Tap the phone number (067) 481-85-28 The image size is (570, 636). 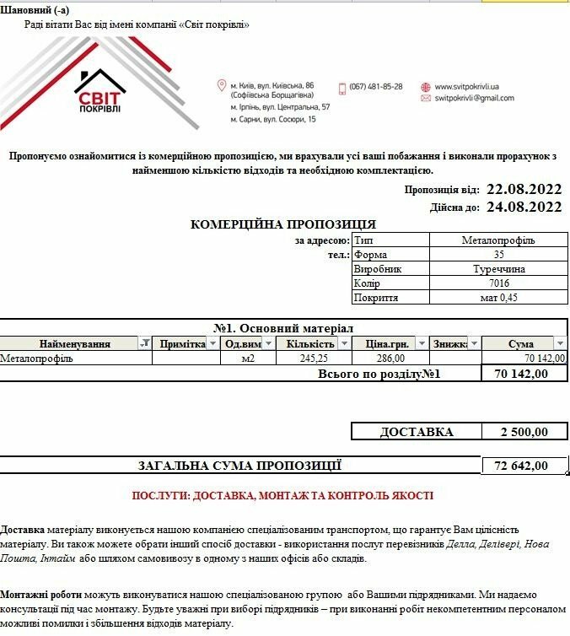[375, 87]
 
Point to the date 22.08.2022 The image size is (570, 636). [524, 189]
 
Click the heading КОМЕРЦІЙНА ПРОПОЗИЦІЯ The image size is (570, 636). [283, 224]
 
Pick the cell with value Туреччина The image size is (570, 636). [498, 269]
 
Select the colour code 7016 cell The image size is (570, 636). [498, 283]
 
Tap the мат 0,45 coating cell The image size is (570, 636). [498, 298]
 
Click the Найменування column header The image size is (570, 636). [74, 343]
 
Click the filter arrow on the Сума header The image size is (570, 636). [559, 343]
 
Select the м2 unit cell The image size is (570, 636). [248, 358]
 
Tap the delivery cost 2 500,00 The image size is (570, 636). [524, 432]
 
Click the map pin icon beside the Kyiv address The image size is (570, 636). [222, 86]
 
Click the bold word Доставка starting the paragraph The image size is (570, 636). [23, 529]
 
